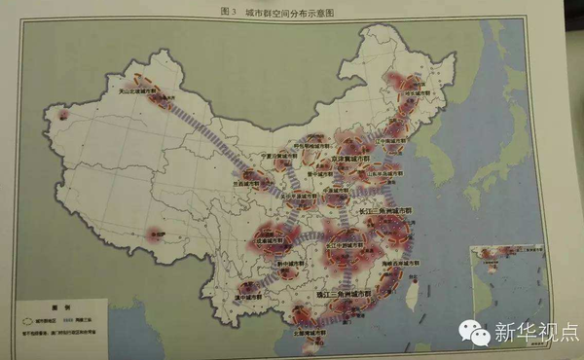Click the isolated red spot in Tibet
coord(155,234)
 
